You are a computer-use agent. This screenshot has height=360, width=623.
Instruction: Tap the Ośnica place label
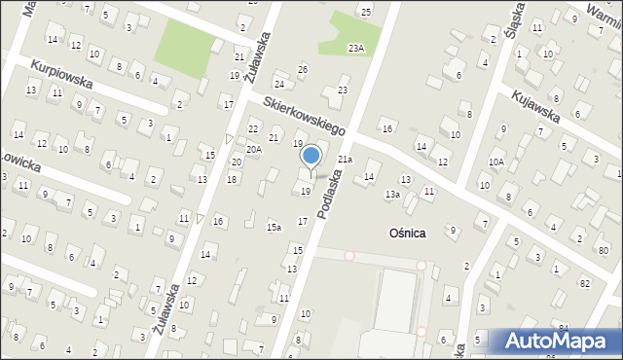pos(407,234)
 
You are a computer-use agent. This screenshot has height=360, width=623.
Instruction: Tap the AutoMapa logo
pos(555,342)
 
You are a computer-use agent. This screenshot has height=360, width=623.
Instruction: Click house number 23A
pos(357,48)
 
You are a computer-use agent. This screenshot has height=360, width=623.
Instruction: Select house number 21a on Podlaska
pos(345,159)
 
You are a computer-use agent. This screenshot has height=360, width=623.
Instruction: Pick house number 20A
pos(253,149)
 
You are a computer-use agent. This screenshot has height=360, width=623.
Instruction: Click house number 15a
pos(275,227)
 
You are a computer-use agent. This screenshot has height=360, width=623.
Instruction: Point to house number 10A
pos(496,162)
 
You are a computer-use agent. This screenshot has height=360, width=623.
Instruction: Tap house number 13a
pos(391,195)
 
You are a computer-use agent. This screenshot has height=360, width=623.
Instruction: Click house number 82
pos(584,282)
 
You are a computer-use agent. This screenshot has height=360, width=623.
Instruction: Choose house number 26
pos(303,69)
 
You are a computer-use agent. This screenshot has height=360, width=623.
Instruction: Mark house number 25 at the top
pos(365,12)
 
